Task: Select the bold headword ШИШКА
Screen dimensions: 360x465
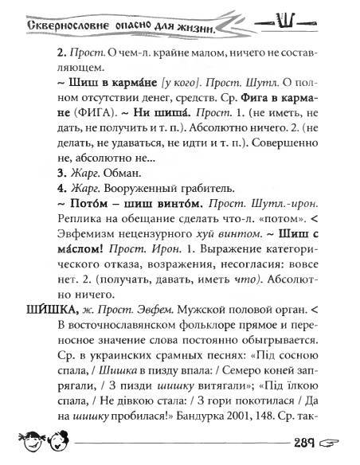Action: click(41, 310)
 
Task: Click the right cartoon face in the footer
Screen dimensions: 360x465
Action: click(58, 440)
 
